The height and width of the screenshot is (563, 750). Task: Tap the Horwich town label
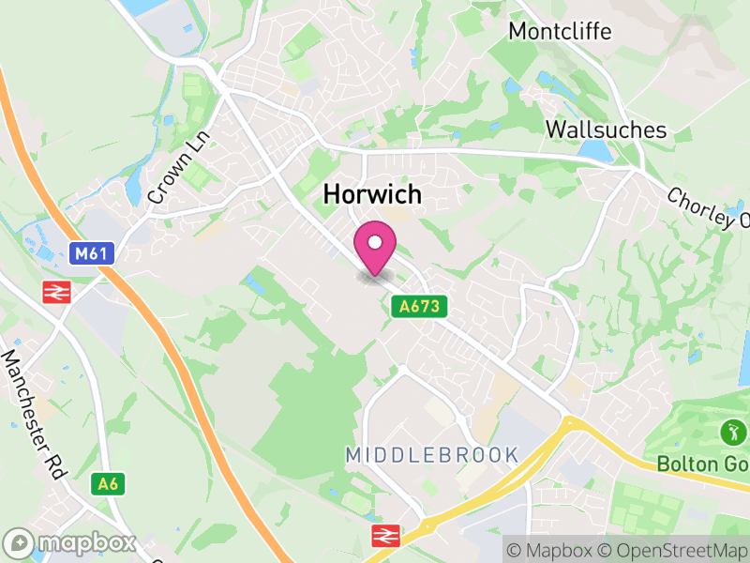coord(372,194)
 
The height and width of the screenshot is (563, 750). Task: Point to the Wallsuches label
coord(606,129)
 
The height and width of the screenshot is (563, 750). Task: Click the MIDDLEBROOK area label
coord(431,455)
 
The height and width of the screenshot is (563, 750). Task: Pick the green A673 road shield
coord(419,306)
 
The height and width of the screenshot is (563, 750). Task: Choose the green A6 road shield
coord(108,483)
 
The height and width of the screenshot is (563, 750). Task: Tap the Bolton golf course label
coord(702,464)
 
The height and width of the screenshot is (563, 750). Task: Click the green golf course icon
coord(731,433)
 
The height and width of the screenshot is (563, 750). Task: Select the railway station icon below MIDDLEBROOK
coord(383,536)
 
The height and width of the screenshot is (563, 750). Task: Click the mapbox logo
coord(70,542)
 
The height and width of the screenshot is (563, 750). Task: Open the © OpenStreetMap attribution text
coord(673,549)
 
